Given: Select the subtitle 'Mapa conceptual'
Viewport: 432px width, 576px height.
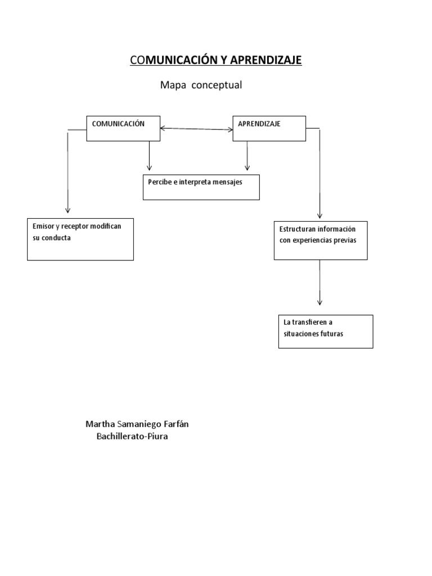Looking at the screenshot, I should tap(201, 85).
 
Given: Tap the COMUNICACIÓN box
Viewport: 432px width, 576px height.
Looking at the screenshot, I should tap(123, 128).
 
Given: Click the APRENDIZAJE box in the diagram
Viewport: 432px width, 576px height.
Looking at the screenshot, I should tap(269, 128).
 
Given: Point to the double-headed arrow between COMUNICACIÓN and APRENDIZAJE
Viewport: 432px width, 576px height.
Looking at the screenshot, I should tap(196, 129).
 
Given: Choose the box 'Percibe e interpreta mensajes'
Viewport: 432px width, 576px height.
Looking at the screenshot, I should tap(201, 187).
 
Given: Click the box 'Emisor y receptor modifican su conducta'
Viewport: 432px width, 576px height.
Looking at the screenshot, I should tap(80, 239).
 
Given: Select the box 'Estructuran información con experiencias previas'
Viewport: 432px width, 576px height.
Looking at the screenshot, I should tap(321, 240).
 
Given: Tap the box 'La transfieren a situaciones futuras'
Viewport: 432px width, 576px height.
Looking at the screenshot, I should tap(326, 331).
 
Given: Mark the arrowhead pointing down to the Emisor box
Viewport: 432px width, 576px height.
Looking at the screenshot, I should tap(67, 210).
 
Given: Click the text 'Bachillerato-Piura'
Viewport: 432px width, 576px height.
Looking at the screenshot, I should tap(133, 436).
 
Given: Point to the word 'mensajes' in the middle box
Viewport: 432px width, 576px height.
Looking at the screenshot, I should tap(227, 182).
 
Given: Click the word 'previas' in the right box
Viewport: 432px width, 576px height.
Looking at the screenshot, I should tap(345, 240).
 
